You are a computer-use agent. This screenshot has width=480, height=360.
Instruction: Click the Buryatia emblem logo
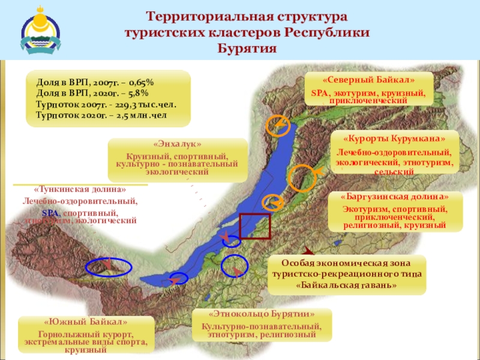pos(40,29)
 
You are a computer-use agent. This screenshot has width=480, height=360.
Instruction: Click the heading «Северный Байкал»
pos(368,80)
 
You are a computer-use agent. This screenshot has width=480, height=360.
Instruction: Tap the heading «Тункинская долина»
pos(80,190)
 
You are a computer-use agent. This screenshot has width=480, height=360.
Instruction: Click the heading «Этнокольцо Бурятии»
pos(262,314)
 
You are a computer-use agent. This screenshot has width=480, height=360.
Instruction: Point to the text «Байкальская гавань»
pos(347,285)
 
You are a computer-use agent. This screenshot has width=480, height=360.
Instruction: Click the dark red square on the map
pos(255,227)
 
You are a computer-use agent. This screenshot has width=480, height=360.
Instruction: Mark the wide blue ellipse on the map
pos(109,267)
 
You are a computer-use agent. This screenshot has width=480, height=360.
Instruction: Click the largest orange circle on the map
pos(302,178)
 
